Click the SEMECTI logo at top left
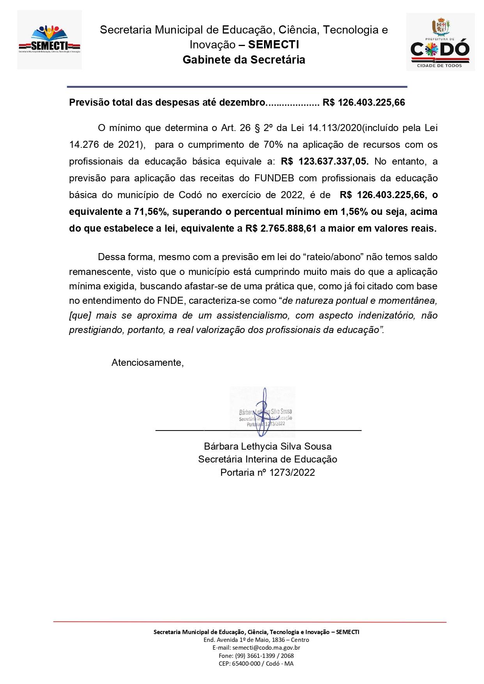[49, 40]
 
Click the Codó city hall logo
[440, 42]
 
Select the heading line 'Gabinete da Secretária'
[244, 60]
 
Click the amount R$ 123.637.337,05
[324, 161]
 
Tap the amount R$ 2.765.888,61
[281, 229]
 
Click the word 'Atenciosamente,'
[147, 363]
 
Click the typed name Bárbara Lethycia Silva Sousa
[268, 446]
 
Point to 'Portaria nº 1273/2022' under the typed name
[268, 473]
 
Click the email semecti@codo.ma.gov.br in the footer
[256, 648]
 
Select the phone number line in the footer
[256, 656]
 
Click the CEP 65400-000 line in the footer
[256, 664]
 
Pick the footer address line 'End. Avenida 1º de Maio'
[256, 640]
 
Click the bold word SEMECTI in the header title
[273, 45]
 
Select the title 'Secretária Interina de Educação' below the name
[268, 459]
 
